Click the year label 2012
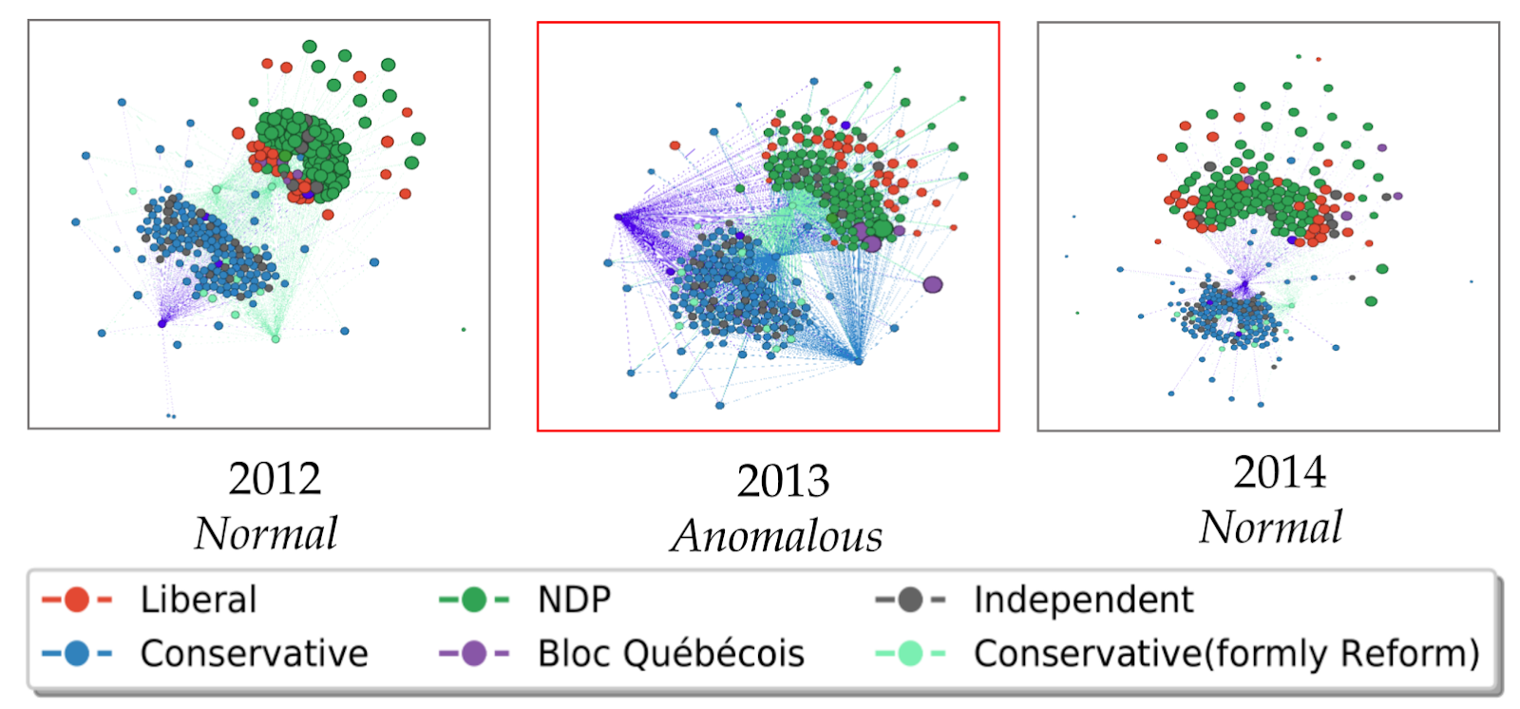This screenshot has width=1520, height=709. click(275, 479)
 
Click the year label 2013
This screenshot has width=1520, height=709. click(783, 482)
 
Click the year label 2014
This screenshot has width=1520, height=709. click(1279, 472)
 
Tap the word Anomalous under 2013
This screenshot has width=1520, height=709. click(777, 536)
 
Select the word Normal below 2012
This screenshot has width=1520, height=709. click(266, 533)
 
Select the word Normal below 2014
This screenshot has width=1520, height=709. click(1270, 527)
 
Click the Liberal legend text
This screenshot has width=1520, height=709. click(199, 600)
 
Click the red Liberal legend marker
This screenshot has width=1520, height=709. click(77, 600)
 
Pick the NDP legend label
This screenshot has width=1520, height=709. click(574, 600)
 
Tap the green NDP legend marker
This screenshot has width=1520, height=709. click(474, 600)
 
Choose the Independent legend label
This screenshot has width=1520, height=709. click(1083, 600)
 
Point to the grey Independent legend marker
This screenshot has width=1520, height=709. click(910, 600)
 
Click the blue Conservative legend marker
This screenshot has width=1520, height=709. click(77, 654)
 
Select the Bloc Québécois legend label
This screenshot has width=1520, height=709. click(671, 654)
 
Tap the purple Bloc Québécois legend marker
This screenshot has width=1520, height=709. click(474, 654)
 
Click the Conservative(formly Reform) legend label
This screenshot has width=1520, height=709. click(1226, 654)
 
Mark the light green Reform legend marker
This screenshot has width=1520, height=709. click(910, 654)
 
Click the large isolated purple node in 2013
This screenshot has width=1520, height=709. click(933, 284)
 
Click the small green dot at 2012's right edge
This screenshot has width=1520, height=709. click(464, 330)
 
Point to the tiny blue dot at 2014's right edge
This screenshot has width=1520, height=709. click(1472, 281)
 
